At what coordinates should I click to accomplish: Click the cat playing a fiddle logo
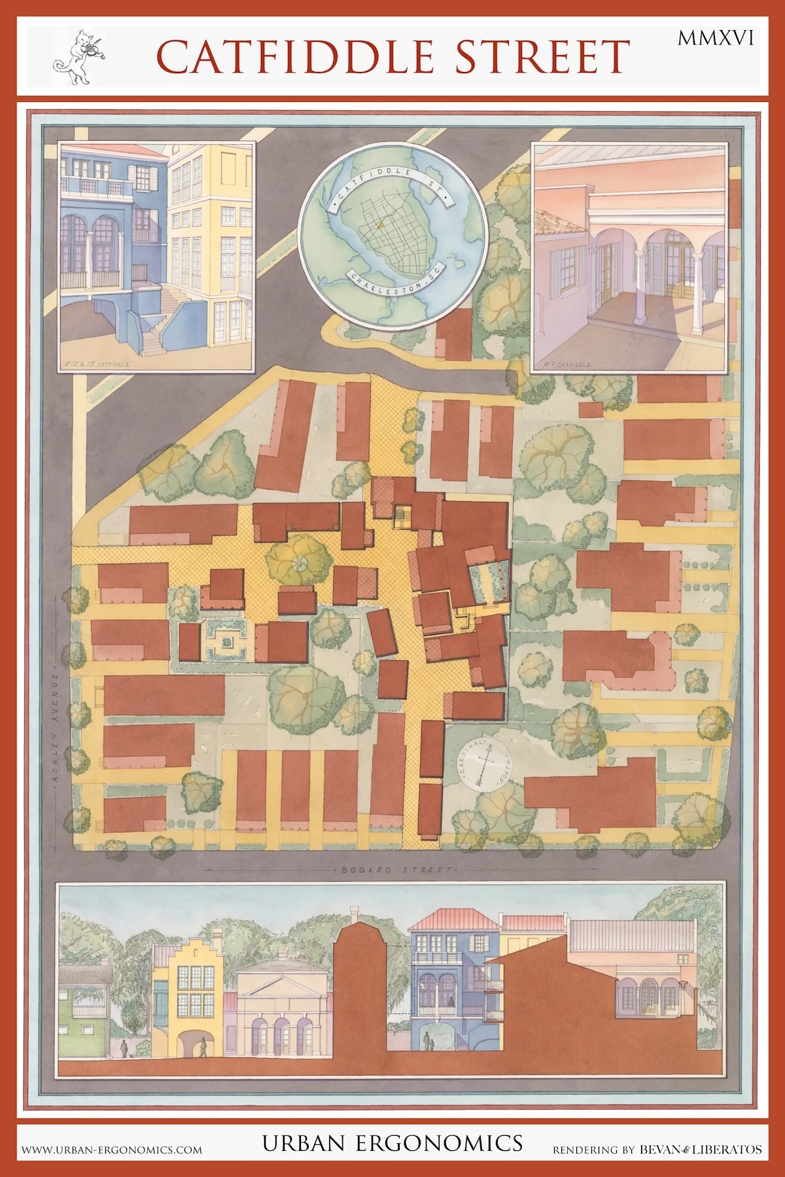pyautogui.click(x=75, y=57)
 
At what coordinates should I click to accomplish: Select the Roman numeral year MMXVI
pyautogui.click(x=715, y=39)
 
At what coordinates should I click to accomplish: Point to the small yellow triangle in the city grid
pyautogui.click(x=379, y=224)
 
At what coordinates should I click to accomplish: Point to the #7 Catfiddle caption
pyautogui.click(x=567, y=364)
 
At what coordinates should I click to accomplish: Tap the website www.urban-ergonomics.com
pyautogui.click(x=112, y=1149)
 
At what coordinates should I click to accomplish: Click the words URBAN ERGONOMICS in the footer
pyautogui.click(x=392, y=1144)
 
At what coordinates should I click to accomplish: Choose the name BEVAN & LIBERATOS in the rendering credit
pyautogui.click(x=700, y=1149)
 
